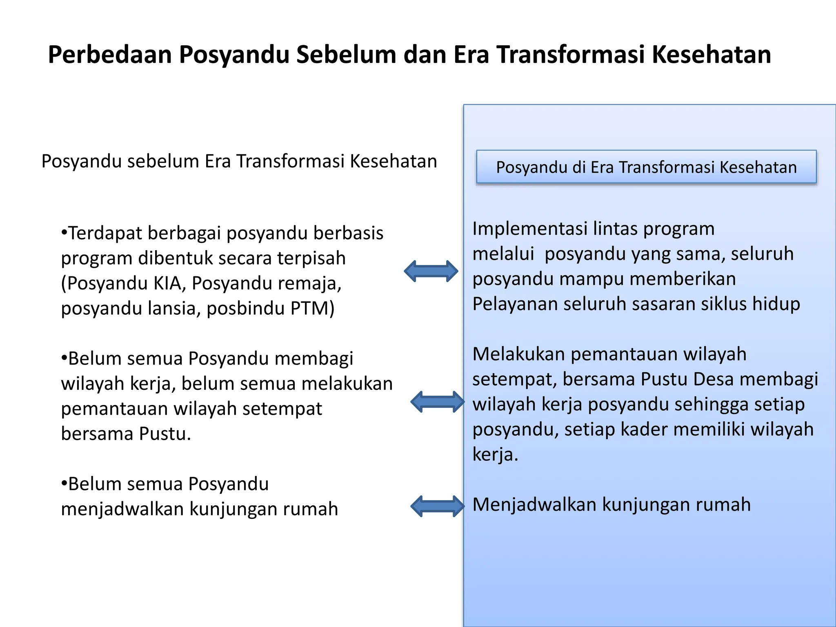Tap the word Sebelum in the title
pos(346,55)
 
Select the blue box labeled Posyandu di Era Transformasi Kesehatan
pos(646,167)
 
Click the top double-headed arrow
pos(431,271)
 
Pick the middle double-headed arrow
pos(437,402)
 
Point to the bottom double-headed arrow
pos(437,506)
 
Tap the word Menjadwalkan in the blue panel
pos(534,505)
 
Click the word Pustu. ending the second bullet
pos(165,434)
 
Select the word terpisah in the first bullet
pos(311,258)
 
